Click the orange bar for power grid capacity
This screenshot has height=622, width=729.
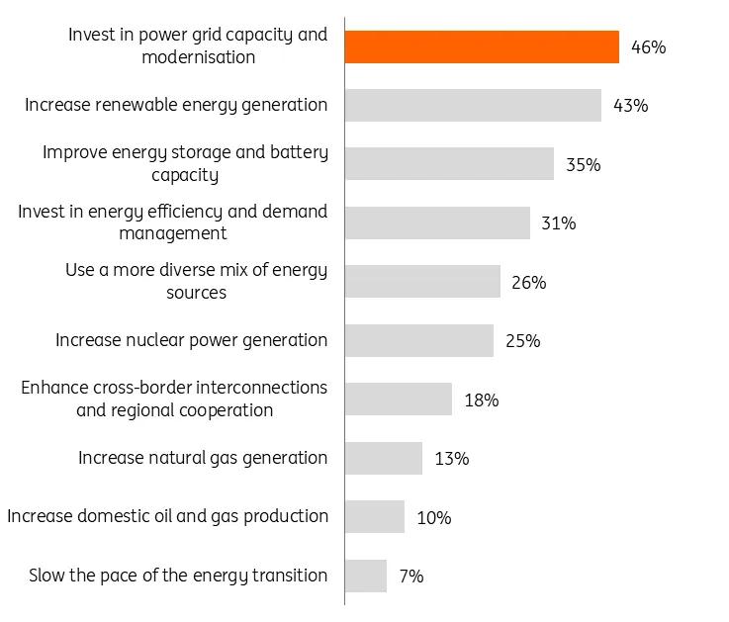(482, 46)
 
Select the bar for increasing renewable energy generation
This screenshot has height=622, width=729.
(473, 105)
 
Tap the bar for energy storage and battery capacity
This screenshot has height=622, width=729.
(449, 164)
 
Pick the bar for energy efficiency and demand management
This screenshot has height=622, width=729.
(437, 222)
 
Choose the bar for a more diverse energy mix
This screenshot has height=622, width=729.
(422, 282)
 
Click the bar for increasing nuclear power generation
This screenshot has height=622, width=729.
(419, 340)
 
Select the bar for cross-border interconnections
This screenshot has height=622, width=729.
(399, 400)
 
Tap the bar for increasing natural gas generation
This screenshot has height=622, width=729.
(384, 458)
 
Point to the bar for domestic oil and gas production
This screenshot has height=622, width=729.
(375, 516)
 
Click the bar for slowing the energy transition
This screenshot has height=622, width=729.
(366, 576)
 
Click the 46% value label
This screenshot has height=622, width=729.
(648, 46)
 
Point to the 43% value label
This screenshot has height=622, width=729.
(630, 105)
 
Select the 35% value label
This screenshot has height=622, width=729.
(583, 164)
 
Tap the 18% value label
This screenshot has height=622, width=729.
(481, 400)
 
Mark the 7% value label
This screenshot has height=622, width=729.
(410, 576)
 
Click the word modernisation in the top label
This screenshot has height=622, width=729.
(198, 57)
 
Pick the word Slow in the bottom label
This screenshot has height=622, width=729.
(47, 575)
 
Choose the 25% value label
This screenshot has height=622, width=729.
(522, 340)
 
